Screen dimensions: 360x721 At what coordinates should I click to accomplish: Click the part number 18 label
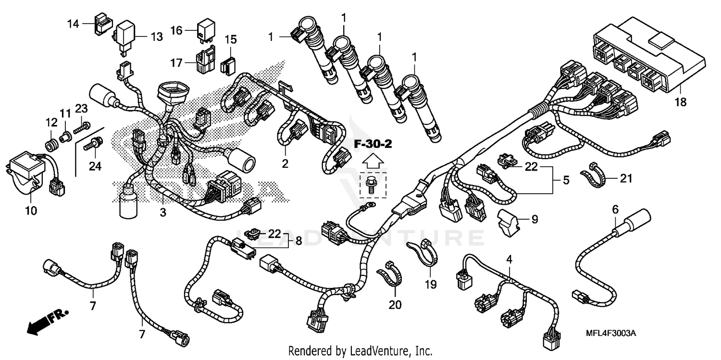coord(681,102)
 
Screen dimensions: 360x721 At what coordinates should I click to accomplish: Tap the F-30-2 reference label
coord(373,144)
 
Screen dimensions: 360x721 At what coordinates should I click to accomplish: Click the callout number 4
coord(509,260)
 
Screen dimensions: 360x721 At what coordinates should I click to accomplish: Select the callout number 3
coord(163,212)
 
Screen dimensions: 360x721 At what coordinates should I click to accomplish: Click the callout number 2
coord(285,163)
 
